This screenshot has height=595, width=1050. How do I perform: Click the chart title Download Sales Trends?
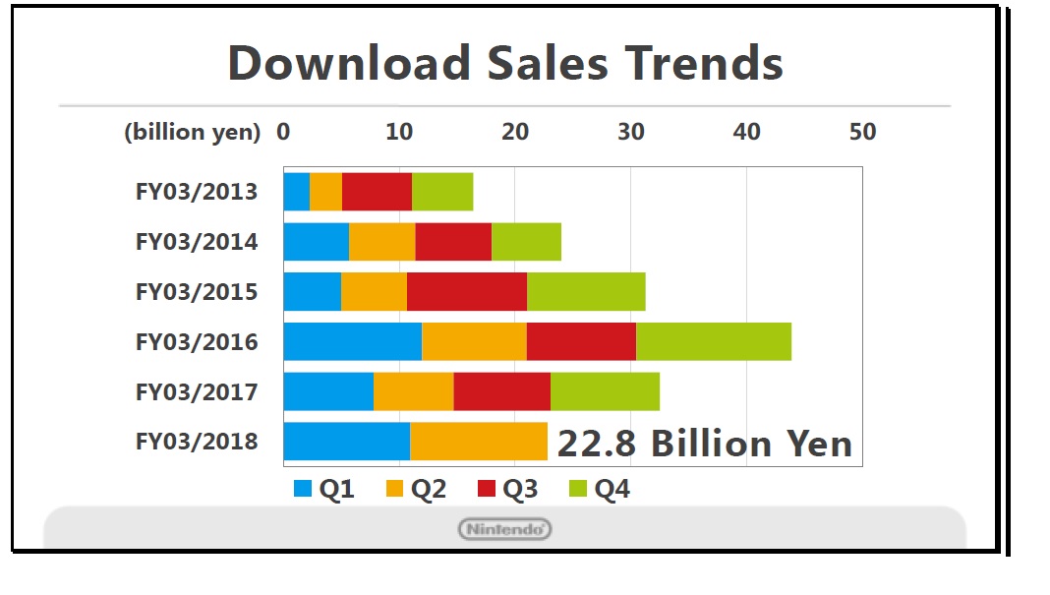(x=505, y=63)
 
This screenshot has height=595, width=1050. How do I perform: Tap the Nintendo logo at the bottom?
(x=505, y=529)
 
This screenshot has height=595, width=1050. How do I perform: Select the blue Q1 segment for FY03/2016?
(x=352, y=340)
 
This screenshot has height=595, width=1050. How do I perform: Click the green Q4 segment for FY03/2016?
(x=713, y=340)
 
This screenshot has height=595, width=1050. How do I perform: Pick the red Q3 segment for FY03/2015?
(x=466, y=291)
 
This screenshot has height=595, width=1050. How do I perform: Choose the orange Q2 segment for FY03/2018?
(x=478, y=441)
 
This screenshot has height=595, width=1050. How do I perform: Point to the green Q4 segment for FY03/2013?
(x=442, y=191)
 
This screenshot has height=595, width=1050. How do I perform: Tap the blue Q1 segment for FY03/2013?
(x=296, y=191)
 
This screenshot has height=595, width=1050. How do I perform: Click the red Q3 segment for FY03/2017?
(x=501, y=390)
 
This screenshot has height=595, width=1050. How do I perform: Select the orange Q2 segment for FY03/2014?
(x=381, y=241)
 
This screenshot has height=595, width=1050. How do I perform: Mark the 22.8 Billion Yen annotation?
(x=704, y=444)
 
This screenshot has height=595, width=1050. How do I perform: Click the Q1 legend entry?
(x=325, y=489)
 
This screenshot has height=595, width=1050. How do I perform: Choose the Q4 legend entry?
(x=601, y=489)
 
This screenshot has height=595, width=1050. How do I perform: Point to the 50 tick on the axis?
(x=862, y=132)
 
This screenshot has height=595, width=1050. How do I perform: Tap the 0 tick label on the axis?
(x=283, y=132)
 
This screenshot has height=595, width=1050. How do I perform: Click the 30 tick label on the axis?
(x=631, y=132)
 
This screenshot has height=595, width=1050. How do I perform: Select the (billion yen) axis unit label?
(x=192, y=132)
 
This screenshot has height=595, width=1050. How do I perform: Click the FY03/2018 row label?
(x=197, y=441)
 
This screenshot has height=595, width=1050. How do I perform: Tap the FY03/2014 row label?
(x=197, y=241)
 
